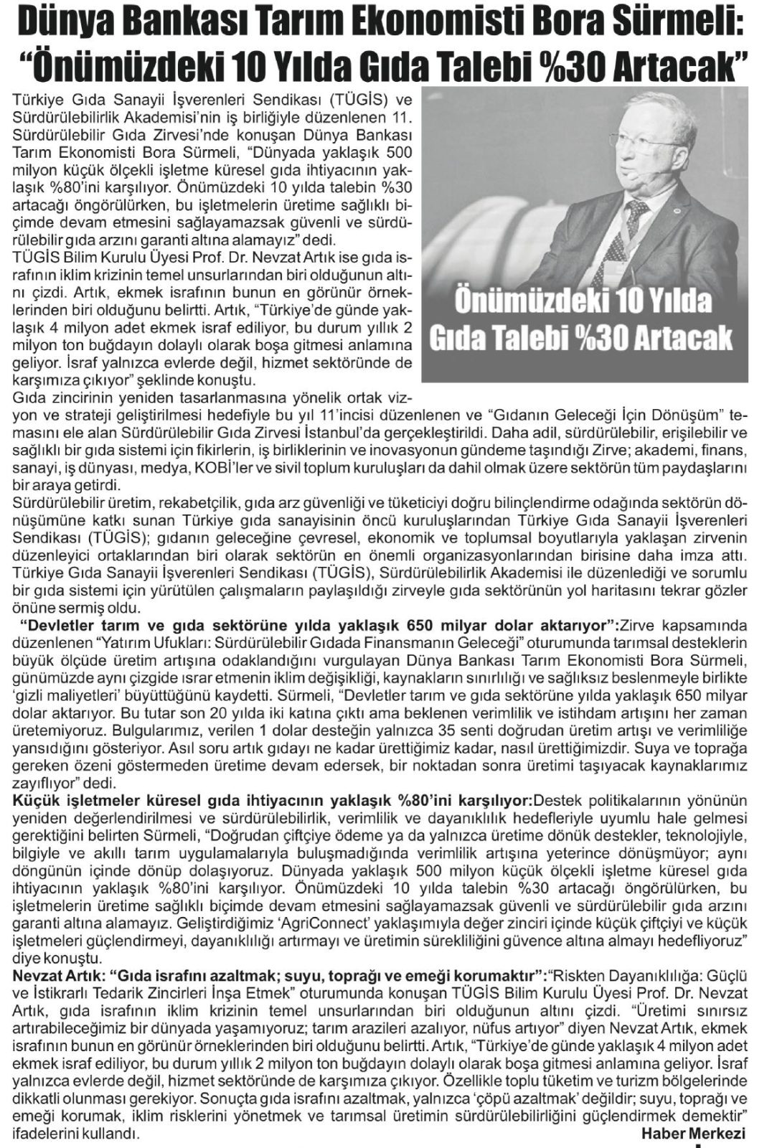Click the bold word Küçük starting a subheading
33,800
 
